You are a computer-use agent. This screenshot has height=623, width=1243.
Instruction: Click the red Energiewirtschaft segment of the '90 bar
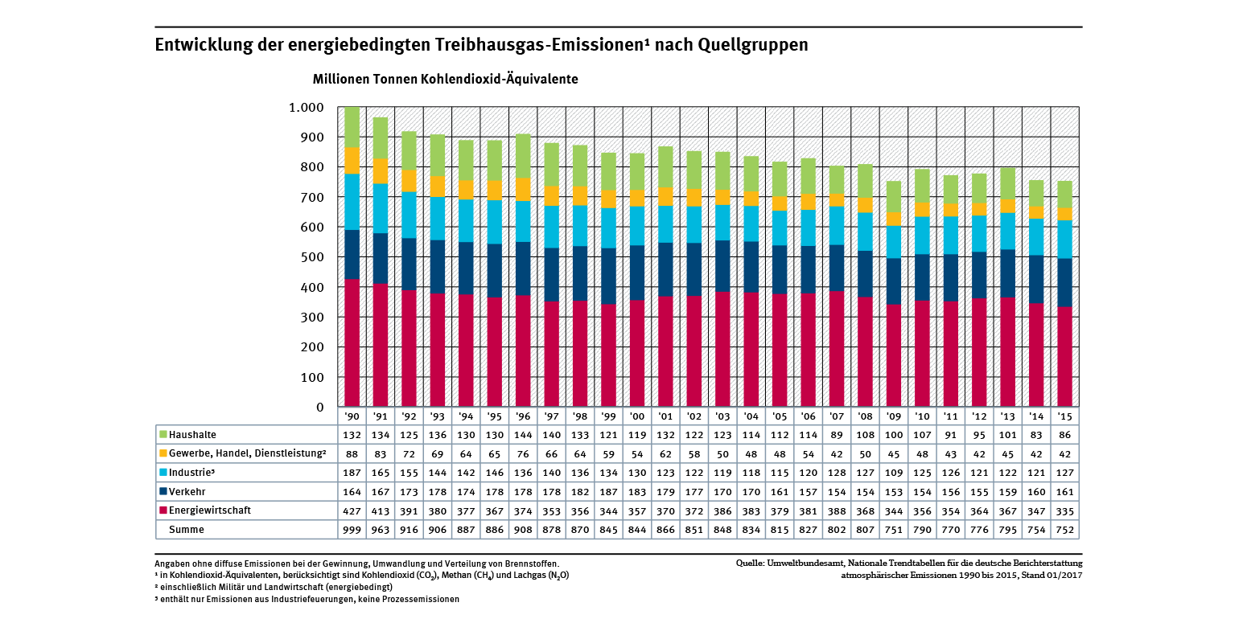click(x=352, y=342)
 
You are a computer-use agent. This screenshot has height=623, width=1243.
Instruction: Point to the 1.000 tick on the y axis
click(x=306, y=108)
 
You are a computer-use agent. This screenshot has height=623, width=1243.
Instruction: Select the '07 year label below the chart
click(x=836, y=416)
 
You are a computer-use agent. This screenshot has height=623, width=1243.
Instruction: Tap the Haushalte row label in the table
click(x=193, y=435)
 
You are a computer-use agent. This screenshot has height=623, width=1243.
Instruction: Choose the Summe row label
click(x=186, y=529)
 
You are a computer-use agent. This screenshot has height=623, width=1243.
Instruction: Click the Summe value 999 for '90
click(x=352, y=529)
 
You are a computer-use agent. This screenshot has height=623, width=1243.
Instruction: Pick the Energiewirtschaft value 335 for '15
click(x=1065, y=510)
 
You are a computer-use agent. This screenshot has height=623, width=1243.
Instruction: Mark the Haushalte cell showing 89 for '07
click(x=836, y=435)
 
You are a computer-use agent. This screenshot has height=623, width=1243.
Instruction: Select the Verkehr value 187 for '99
click(x=608, y=491)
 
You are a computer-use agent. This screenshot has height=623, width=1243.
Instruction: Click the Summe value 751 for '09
click(x=893, y=529)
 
